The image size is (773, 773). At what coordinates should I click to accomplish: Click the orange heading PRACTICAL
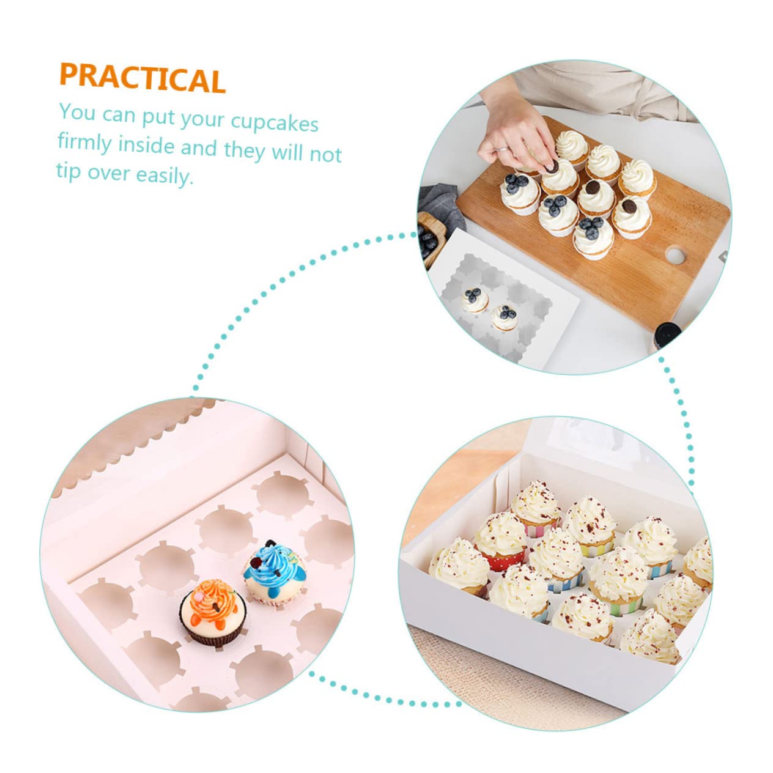142,78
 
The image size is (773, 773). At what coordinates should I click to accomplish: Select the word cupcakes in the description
275,122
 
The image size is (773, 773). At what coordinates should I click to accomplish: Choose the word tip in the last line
68,172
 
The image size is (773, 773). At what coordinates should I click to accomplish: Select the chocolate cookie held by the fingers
552,166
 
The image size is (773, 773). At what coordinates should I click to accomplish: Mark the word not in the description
325,154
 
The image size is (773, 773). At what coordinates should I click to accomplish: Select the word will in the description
286,152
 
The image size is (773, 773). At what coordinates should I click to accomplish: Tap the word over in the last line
108,173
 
